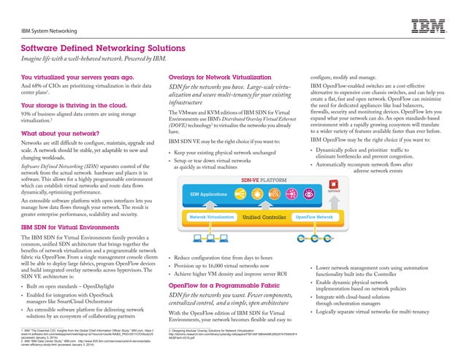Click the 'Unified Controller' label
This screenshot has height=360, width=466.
(x=264, y=217)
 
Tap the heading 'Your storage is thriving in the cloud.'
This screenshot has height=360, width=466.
(x=75, y=105)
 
